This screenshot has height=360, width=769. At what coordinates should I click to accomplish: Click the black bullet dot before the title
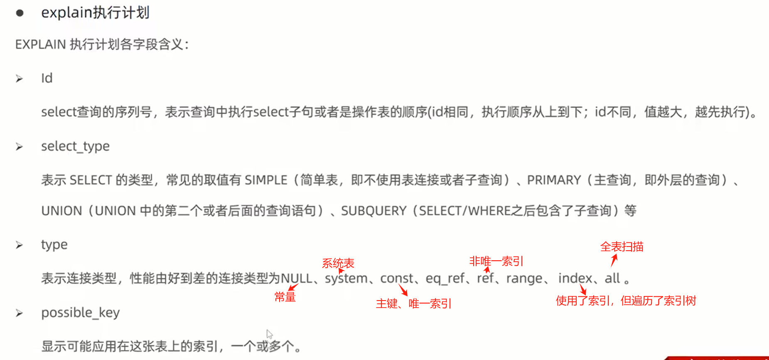point(20,13)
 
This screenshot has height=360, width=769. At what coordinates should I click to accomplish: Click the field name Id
point(47,78)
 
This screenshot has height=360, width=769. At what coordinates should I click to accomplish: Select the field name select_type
point(75,146)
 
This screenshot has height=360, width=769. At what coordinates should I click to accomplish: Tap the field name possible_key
point(80,313)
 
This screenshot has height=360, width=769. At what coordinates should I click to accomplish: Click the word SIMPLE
point(266,180)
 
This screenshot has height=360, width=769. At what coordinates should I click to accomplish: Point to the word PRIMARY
point(554,180)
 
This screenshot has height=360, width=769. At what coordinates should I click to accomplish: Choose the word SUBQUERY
point(373,211)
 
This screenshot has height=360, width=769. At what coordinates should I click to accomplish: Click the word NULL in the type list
point(296,278)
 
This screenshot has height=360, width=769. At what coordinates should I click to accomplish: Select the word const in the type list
point(397,278)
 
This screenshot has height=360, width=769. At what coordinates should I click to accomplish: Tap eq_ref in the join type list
point(445,278)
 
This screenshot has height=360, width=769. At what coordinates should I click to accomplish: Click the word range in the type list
point(524,278)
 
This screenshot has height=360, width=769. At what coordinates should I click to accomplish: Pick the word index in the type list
point(575,278)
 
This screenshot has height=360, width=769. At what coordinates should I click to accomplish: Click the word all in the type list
point(612,278)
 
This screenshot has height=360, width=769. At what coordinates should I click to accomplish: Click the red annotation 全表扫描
point(622,247)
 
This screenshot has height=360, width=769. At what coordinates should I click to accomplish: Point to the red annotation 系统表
point(338,263)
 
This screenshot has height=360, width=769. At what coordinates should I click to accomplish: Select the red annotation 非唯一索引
point(496,261)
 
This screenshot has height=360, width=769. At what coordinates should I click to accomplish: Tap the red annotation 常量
point(285,297)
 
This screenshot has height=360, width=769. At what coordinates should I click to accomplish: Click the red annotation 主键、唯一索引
point(413,303)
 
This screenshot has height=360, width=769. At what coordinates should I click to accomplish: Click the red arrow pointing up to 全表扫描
point(614,260)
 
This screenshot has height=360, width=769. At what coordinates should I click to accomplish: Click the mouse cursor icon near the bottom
point(269,334)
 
